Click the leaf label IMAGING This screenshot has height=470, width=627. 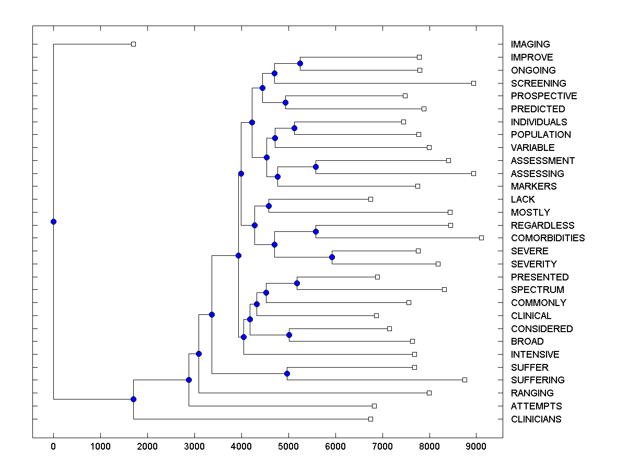(530, 44)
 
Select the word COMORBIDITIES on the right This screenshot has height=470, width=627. (548, 238)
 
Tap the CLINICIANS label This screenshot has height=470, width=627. (536, 419)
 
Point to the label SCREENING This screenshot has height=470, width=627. (538, 83)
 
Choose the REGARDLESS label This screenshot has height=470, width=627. (542, 225)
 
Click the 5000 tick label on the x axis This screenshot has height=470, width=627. (288, 446)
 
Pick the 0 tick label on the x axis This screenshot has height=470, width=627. (53, 446)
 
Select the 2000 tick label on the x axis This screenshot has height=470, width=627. (147, 446)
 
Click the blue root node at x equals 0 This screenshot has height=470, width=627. (53, 221)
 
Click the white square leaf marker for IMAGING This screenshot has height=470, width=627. (133, 44)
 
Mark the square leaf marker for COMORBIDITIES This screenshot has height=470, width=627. (481, 238)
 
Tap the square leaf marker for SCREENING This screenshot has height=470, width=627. (473, 83)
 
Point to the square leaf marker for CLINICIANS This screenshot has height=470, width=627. (370, 419)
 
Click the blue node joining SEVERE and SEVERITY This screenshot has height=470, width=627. (332, 257)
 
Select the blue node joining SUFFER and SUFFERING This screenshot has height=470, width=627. (287, 373)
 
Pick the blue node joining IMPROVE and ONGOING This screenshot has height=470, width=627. (300, 63)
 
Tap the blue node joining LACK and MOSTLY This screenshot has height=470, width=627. (269, 206)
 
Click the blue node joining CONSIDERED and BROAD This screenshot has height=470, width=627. (289, 335)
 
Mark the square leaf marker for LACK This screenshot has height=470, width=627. (370, 199)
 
